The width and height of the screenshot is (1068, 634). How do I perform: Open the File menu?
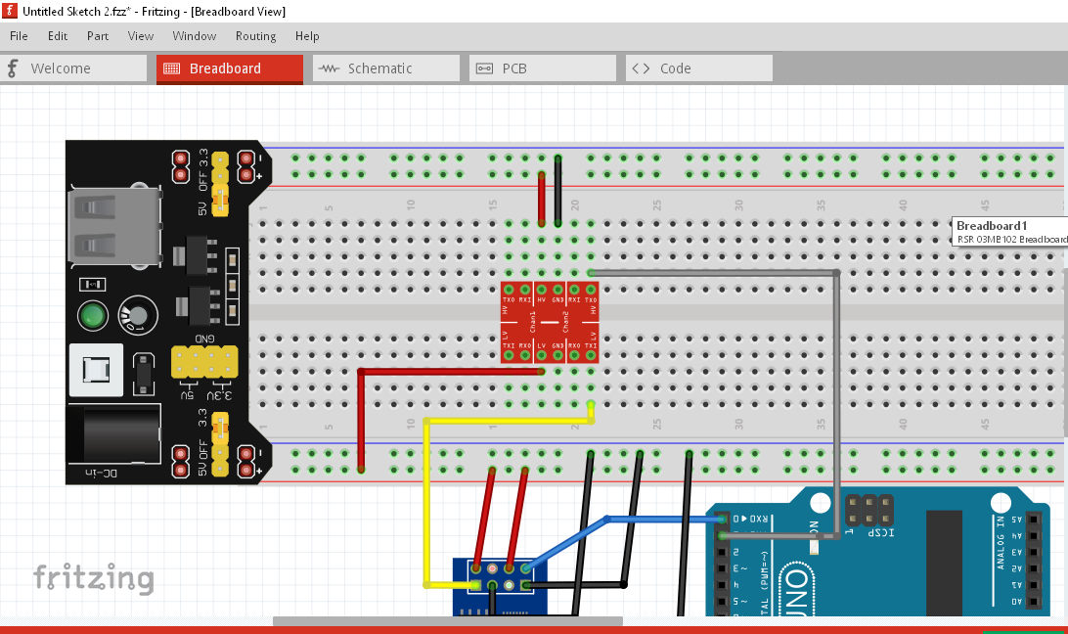click(19, 36)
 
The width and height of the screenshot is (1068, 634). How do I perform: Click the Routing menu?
click(255, 36)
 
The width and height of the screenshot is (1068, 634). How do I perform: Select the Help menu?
click(307, 36)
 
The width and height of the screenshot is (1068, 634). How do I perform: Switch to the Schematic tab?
click(385, 68)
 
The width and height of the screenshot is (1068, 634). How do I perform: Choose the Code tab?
click(698, 68)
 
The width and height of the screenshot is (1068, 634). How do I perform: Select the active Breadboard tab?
click(229, 68)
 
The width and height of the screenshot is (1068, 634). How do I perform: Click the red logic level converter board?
click(550, 322)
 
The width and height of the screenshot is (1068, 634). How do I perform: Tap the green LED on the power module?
click(92, 316)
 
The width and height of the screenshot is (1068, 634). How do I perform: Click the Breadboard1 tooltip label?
click(1007, 232)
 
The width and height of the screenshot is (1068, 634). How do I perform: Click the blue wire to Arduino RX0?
click(665, 520)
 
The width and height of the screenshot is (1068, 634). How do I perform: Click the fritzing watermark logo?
click(93, 577)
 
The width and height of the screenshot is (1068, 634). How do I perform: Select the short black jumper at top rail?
click(557, 191)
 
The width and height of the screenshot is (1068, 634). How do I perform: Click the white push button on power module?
click(96, 370)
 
